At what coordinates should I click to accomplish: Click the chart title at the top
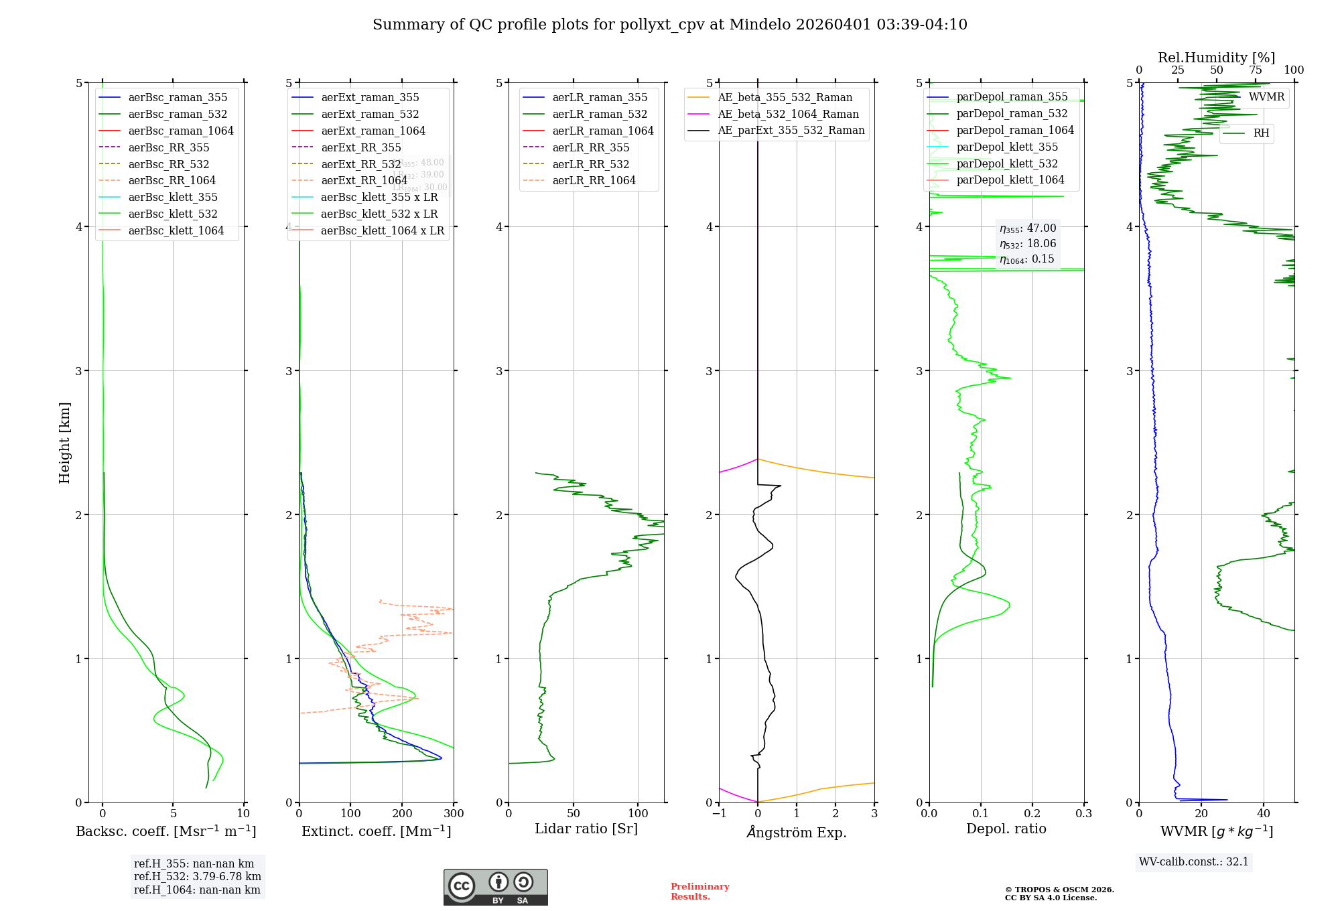(669, 25)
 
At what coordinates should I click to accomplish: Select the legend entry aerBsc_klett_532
(172, 214)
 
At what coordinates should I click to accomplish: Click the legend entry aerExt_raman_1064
(373, 131)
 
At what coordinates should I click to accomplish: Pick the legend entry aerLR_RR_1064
(594, 180)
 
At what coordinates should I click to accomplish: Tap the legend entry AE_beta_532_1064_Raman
(788, 114)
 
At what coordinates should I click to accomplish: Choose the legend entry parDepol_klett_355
(1007, 147)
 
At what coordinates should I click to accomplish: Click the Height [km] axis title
(64, 442)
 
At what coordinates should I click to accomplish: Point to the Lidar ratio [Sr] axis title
(586, 829)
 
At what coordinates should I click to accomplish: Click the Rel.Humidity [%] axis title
(1216, 58)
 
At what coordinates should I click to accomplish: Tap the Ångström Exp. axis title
(797, 832)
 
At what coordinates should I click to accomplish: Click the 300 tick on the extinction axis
(454, 814)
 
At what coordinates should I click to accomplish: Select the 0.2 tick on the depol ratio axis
(1032, 814)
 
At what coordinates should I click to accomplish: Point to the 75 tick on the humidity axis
(1255, 70)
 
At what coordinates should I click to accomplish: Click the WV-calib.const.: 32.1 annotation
(1194, 861)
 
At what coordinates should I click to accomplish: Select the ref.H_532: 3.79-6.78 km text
(198, 877)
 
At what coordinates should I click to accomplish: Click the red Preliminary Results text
(699, 892)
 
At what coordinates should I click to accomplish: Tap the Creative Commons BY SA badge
(495, 888)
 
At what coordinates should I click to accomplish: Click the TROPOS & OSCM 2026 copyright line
(1059, 890)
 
